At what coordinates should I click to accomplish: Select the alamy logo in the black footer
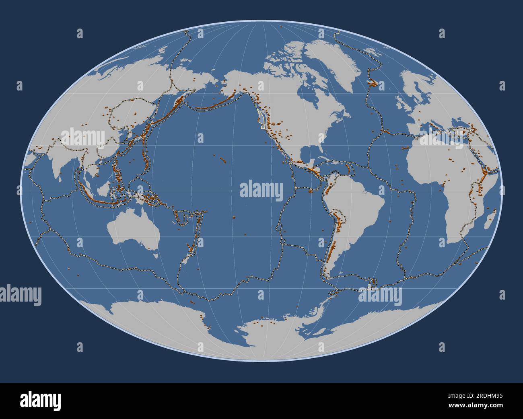coord(40,401)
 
